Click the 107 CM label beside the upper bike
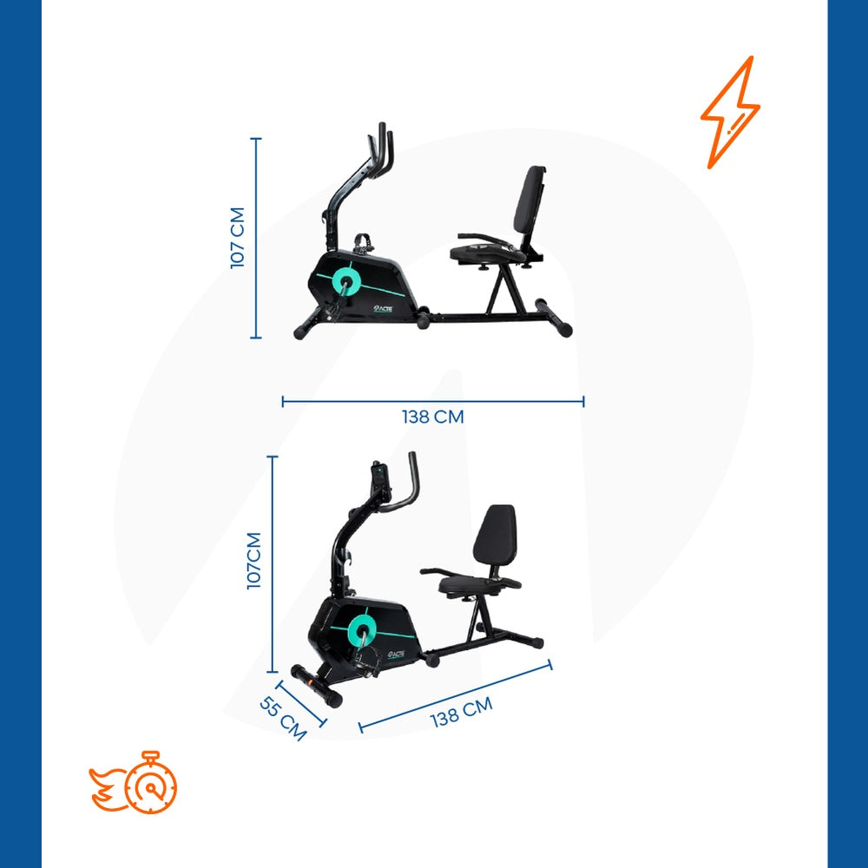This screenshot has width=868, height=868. [239, 237]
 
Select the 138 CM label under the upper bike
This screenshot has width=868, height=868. [432, 417]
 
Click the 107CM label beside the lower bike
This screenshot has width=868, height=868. [254, 560]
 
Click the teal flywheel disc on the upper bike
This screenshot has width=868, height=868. [348, 279]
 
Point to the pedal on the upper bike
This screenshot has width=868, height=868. [364, 240]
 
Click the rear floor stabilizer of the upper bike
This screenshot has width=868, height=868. [554, 316]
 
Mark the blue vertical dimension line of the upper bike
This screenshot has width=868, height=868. [255, 237]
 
